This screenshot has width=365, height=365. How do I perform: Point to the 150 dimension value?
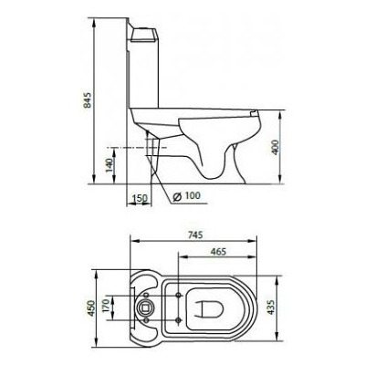pyautogui.click(x=139, y=197)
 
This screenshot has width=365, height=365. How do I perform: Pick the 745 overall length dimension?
pyautogui.click(x=194, y=233)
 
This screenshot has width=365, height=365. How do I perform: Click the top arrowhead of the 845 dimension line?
pyautogui.click(x=95, y=19)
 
